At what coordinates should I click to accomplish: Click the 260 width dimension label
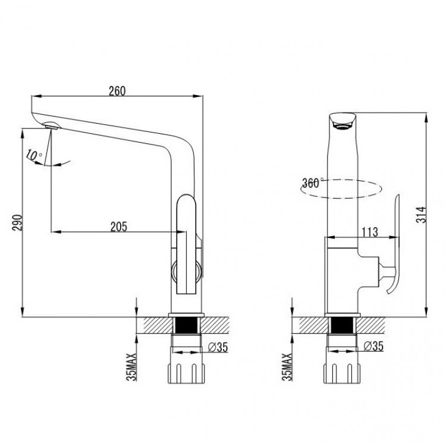(117, 91)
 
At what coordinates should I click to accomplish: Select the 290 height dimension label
(17, 223)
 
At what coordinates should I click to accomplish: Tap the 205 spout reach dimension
(119, 227)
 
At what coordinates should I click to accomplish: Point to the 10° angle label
(33, 155)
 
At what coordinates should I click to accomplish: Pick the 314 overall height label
(421, 215)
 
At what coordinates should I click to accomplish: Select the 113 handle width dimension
(370, 232)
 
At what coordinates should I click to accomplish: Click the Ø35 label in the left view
(218, 347)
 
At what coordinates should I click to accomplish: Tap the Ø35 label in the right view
(373, 346)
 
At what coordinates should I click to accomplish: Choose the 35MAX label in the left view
(131, 367)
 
